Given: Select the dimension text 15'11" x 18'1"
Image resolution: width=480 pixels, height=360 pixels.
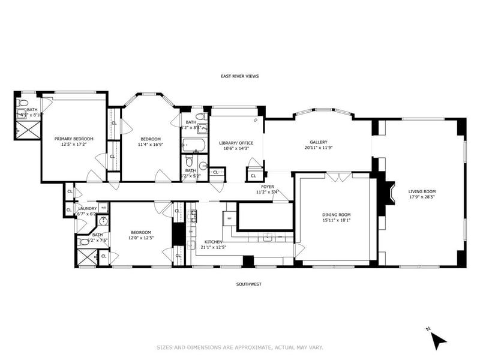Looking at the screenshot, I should pyautogui.click(x=336, y=220).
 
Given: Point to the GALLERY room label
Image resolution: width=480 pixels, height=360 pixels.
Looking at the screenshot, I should pyautogui.click(x=318, y=142).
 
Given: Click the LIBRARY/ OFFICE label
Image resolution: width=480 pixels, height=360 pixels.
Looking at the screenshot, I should pyautogui.click(x=236, y=143).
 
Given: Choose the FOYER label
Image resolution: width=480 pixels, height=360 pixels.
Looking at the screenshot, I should pyautogui.click(x=268, y=187).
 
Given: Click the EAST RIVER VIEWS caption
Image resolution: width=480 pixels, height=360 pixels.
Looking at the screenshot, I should pyautogui.click(x=239, y=76).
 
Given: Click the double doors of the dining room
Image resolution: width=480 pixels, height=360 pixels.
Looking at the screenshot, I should pyautogui.click(x=340, y=177).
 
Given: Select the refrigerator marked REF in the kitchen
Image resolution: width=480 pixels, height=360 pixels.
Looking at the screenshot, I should pyautogui.click(x=230, y=218).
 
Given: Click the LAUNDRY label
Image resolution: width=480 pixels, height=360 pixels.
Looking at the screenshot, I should pyautogui.click(x=88, y=208).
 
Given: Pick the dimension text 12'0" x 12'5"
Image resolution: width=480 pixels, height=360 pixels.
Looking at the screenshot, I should pyautogui.click(x=141, y=238).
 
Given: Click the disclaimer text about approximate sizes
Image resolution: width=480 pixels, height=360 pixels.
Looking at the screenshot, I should pyautogui.click(x=240, y=347).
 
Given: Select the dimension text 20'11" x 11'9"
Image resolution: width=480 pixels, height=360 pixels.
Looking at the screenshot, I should pyautogui.click(x=318, y=148).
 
